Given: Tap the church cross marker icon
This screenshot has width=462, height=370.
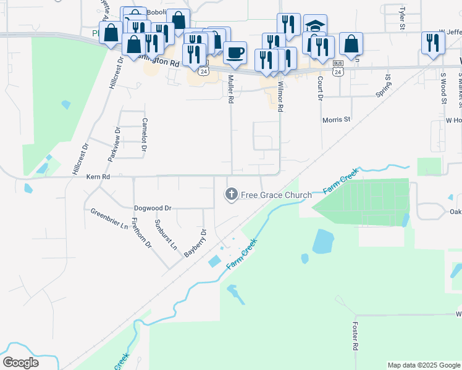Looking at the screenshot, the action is point(232,195).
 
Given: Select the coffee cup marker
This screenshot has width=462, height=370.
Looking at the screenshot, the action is point(234,53).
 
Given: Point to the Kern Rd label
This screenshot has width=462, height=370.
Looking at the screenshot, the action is point(98,176).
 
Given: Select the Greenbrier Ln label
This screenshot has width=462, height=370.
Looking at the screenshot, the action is point(109,218).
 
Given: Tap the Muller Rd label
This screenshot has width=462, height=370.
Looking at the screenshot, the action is point(231,89).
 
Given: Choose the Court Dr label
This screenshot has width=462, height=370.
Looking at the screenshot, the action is point(320,88).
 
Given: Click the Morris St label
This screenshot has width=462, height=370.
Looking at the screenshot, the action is point(336,120).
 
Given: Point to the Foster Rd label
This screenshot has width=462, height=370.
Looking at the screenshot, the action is point(355,336).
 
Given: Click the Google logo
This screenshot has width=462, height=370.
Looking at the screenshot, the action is point(21,362).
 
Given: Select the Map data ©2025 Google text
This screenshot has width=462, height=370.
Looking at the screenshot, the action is point(423,365).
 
